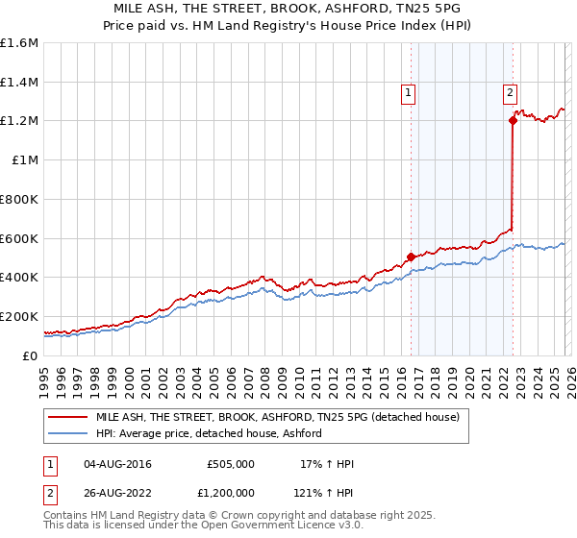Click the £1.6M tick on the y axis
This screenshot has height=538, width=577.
point(18,43)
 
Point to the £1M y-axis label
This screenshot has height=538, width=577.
point(24,160)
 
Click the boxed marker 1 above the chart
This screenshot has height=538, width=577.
point(409,93)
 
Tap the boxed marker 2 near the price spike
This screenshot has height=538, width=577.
point(510,93)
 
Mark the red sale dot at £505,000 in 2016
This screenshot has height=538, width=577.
point(411,257)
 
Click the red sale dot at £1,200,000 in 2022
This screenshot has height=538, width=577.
point(513,121)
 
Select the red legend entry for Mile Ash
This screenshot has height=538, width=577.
point(278,418)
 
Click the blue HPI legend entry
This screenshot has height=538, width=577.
point(208,433)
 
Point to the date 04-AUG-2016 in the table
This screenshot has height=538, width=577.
point(117,464)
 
